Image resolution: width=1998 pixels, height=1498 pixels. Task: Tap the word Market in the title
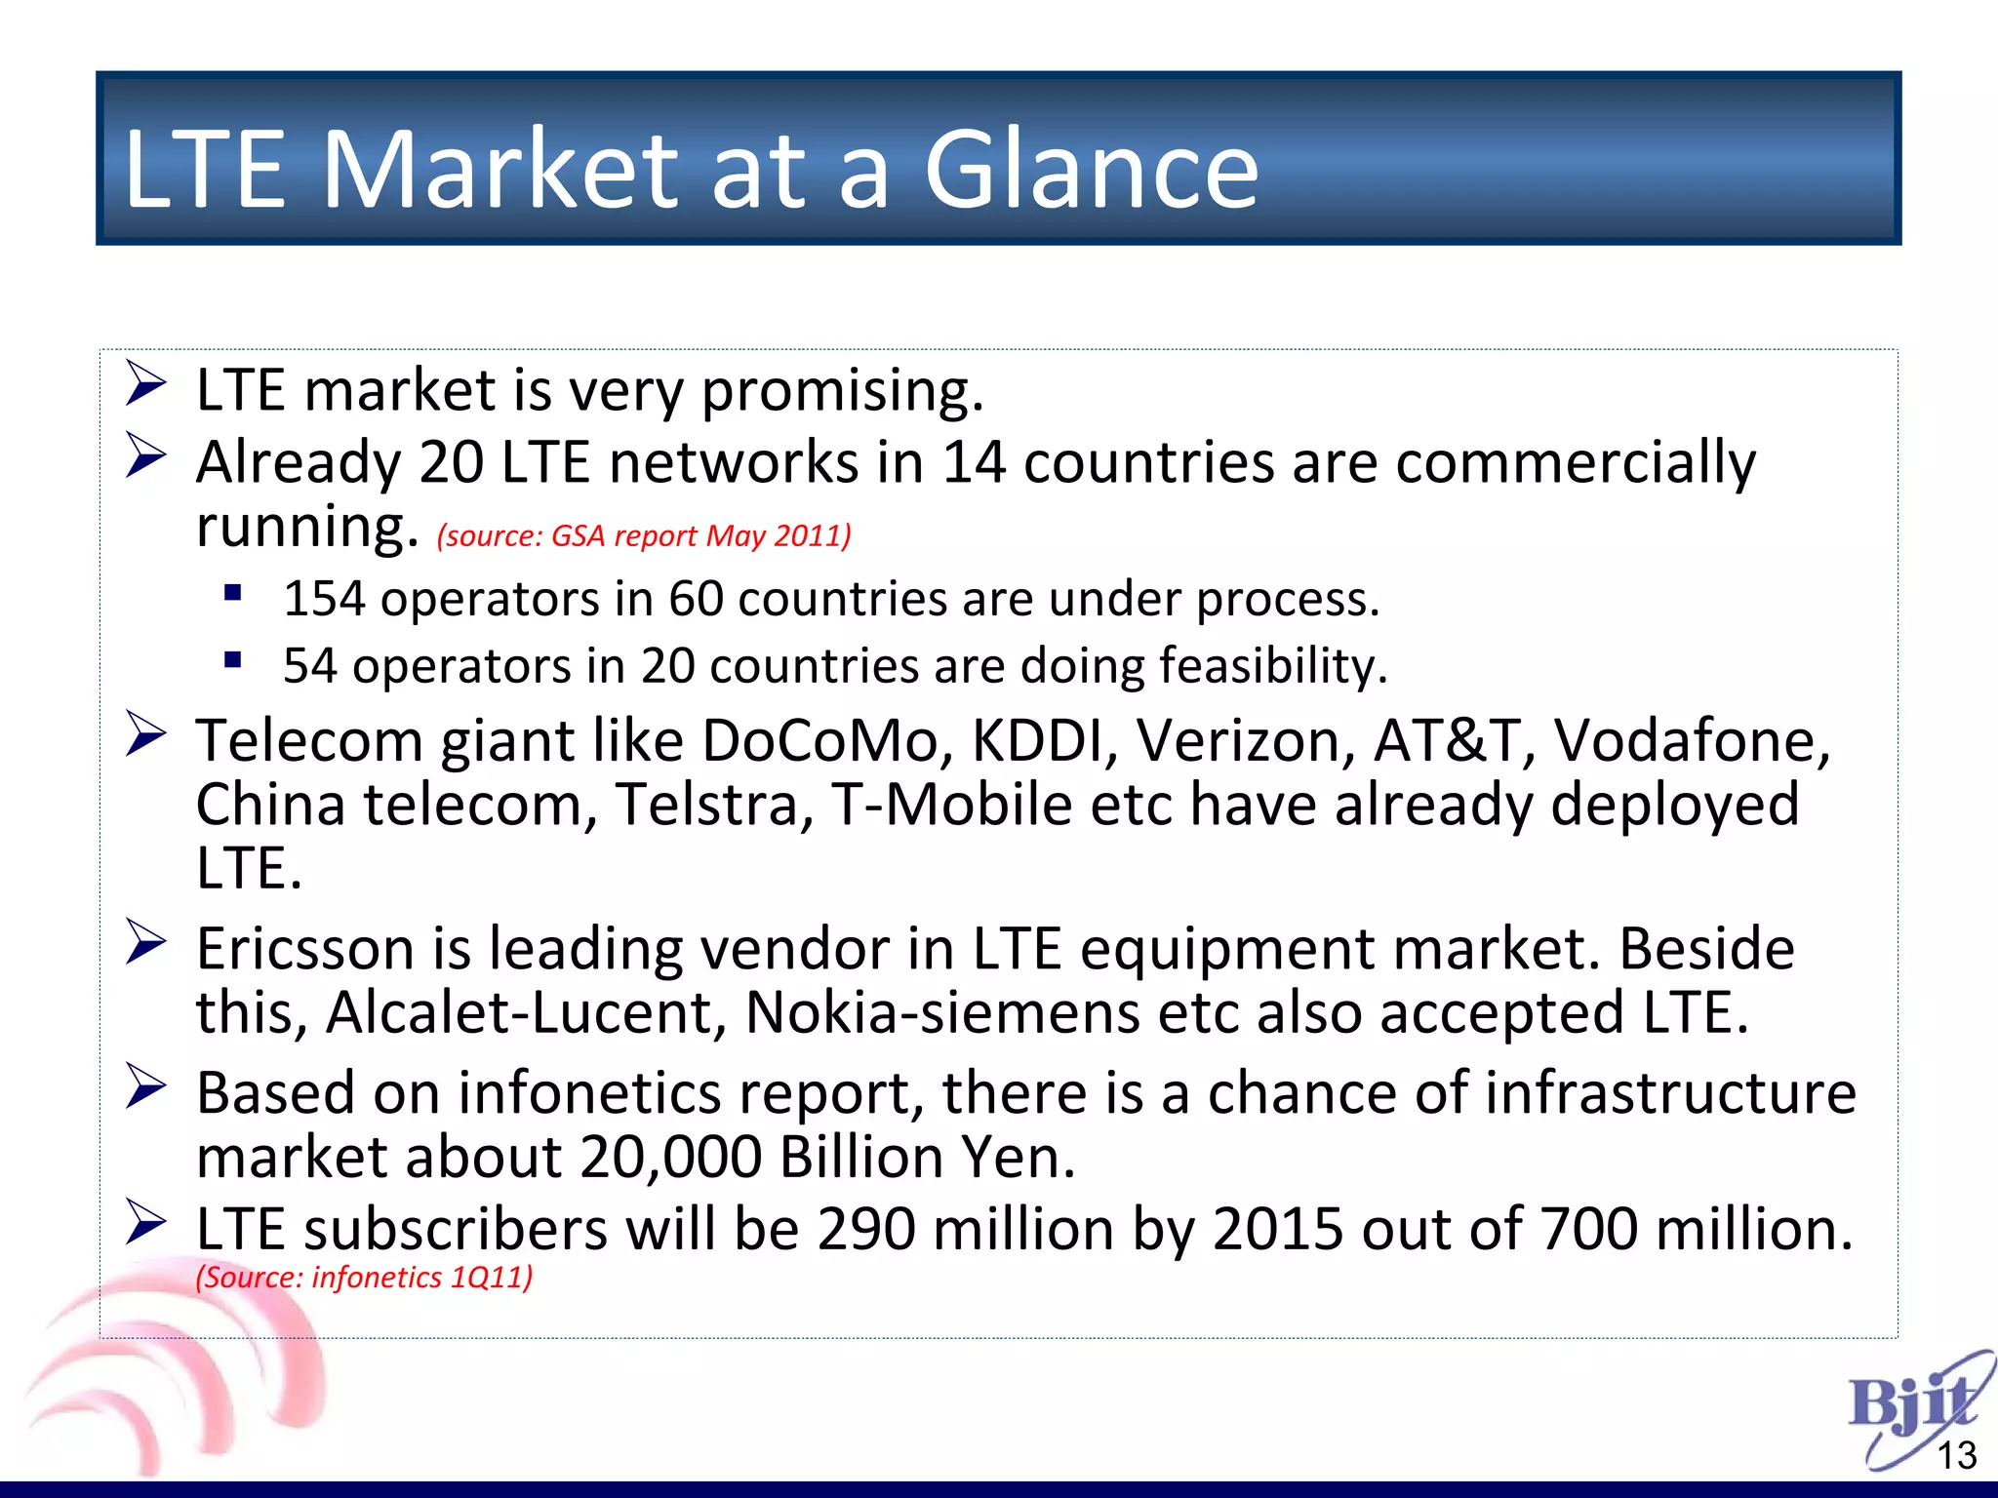pos(499,170)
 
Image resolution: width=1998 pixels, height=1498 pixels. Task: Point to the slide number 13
pos(1956,1456)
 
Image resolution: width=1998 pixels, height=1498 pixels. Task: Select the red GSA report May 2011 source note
pos(644,535)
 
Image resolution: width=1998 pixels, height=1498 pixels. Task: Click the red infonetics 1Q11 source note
pos(365,1277)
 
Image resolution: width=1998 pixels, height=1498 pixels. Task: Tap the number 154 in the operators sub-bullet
pos(323,599)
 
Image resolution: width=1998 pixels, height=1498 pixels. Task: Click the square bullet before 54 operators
pos(232,661)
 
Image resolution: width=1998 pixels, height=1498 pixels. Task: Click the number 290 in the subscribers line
pos(866,1229)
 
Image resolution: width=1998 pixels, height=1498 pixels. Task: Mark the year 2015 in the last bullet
pos(1277,1229)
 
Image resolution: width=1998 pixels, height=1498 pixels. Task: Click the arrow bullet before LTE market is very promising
pos(146,384)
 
